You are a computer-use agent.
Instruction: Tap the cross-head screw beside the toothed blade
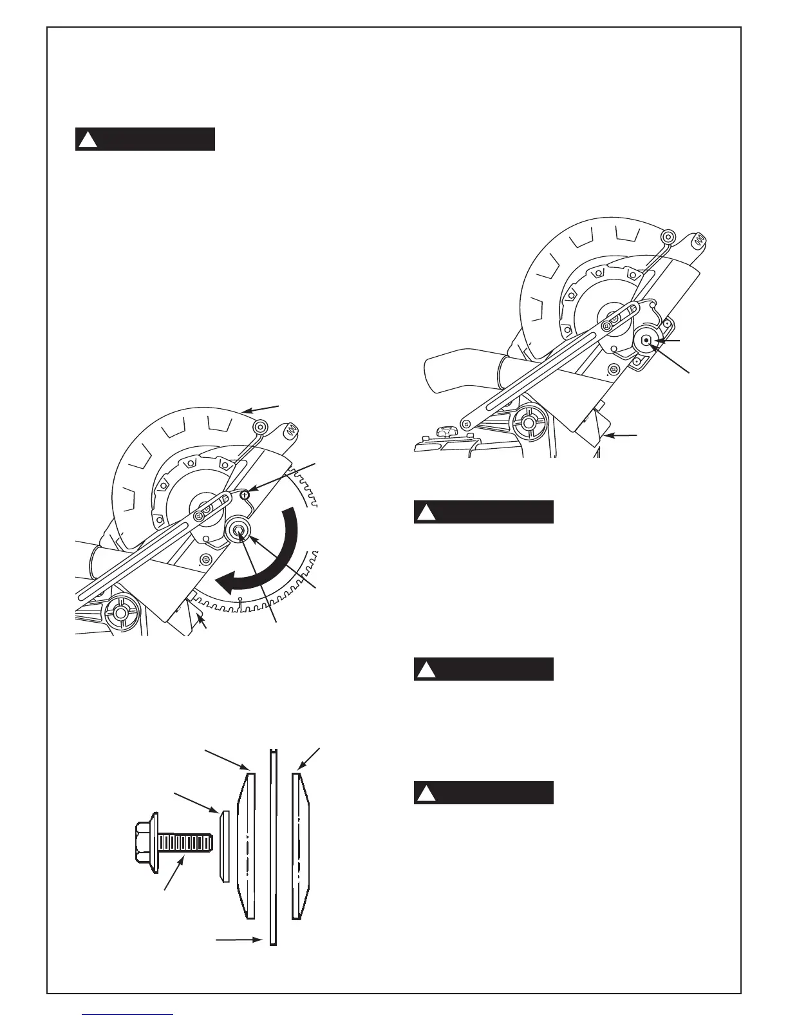tap(245, 494)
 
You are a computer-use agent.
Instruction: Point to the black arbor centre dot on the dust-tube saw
tap(646, 341)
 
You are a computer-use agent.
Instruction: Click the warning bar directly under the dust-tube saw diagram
tap(483, 512)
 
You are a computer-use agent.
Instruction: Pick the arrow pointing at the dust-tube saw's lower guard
tap(621, 437)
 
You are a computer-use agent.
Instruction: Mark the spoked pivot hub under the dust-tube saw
tap(528, 423)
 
